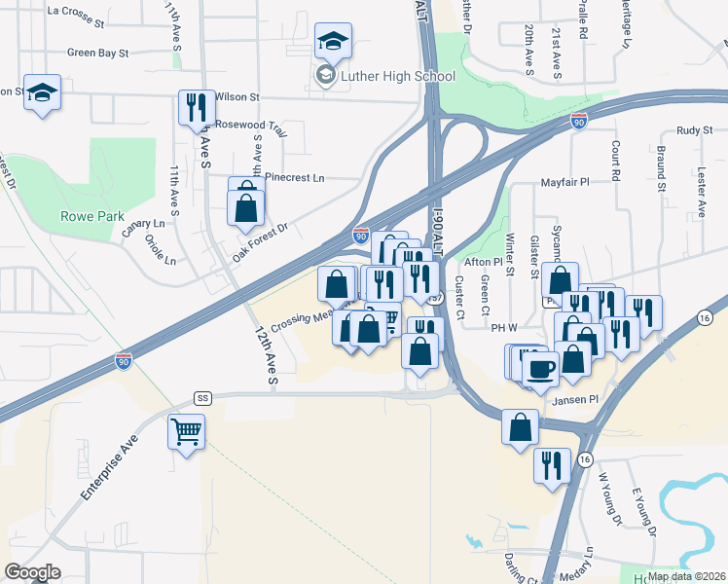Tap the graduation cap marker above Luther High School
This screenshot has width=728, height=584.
tap(333, 42)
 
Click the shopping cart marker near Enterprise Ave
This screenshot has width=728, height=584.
tap(186, 430)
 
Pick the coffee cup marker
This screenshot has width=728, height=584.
tap(540, 368)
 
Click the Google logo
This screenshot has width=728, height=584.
tap(32, 572)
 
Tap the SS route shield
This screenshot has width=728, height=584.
tap(202, 398)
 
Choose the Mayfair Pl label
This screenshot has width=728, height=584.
tap(565, 182)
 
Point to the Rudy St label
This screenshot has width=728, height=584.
tap(695, 129)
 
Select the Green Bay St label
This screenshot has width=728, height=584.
tap(108, 53)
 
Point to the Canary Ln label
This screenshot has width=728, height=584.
tap(143, 227)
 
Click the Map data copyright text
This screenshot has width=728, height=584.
tap(686, 575)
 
